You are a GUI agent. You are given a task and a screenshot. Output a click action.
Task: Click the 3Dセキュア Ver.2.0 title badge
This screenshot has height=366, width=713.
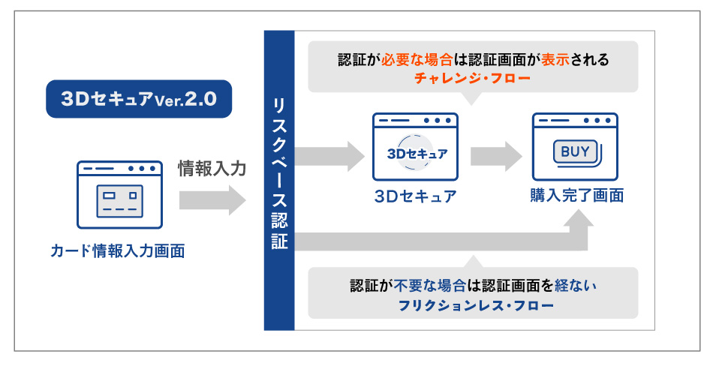coord(139,99)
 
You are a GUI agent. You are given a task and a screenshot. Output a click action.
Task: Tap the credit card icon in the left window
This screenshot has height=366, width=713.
coord(119,201)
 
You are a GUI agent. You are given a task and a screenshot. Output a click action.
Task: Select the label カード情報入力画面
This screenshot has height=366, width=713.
coord(118,251)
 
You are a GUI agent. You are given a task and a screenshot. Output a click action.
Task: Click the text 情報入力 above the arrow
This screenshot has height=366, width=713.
coord(212,169)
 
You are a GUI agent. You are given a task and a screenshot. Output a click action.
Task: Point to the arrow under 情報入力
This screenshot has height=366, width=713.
coord(212,200)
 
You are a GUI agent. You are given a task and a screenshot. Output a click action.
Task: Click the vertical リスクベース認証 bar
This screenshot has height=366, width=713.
coord(279,181)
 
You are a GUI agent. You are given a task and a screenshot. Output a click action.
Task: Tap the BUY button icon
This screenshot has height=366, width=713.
coord(577,153)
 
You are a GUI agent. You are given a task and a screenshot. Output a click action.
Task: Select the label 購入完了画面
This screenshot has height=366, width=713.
coord(576,196)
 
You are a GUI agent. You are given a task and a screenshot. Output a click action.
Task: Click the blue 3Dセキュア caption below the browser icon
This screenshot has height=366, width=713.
coord(415,196)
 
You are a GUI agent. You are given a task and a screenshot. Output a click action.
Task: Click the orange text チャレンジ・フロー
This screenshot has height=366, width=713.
coord(472,78)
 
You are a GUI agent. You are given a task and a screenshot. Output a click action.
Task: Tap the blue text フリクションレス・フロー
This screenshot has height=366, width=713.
coord(476,305)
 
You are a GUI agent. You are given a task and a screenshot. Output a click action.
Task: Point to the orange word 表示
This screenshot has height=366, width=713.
coord(555,59)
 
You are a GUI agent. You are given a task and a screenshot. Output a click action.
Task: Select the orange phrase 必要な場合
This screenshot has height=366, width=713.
coord(417,59)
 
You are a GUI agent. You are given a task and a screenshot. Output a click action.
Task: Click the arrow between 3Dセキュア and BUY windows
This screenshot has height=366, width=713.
coord(496,157)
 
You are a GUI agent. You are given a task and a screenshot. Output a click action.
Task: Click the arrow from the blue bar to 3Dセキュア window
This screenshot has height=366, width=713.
coord(329,157)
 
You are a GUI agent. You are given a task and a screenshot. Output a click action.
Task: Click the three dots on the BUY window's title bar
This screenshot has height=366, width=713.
coord(597,121)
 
